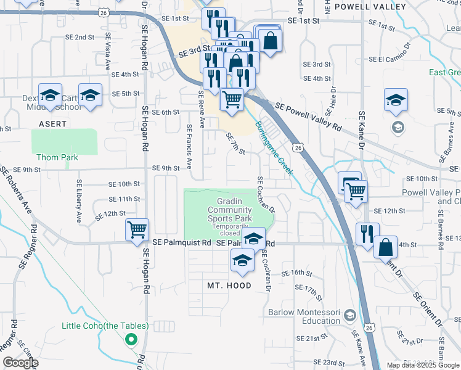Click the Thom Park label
coord(57,157)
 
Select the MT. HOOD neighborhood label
coord(229,286)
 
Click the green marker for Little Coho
coord(131,339)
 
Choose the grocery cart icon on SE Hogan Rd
coord(137,231)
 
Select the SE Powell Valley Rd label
coord(309,116)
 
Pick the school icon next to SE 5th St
coord(90,95)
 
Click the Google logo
coord(21,363)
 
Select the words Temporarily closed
coord(235,229)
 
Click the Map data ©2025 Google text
coord(423,365)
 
